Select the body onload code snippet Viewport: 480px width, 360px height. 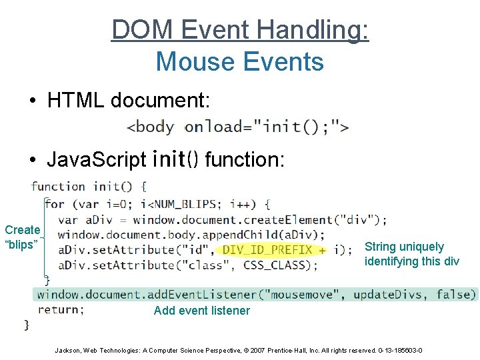coord(238,126)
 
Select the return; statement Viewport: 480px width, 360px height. coord(61,309)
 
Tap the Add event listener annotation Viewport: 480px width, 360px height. coord(202,311)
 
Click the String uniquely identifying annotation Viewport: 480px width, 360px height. coord(411,254)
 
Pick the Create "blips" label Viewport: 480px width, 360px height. coord(22,237)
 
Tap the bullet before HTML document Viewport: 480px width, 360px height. coord(32,101)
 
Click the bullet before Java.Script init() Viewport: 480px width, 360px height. coord(32,160)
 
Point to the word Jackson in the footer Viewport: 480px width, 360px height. coord(67,350)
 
